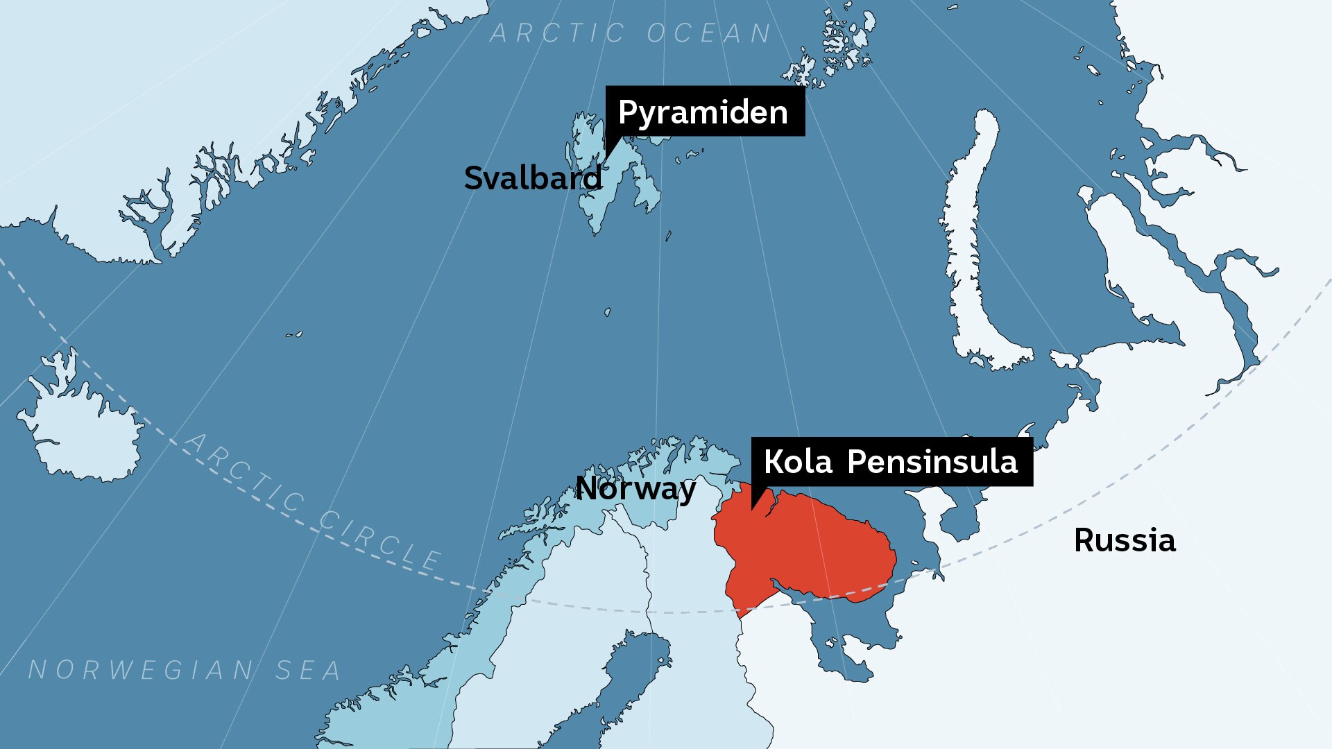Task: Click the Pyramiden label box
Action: [x=705, y=111]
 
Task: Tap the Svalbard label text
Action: [x=533, y=178]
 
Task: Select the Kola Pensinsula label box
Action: [x=891, y=462]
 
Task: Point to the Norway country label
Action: [x=635, y=489]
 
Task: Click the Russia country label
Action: [x=1125, y=540]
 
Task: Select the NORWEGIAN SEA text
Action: [x=185, y=670]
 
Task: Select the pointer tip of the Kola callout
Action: [x=753, y=510]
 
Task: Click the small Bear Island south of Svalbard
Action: [x=607, y=312]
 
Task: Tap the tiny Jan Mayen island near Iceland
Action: [x=295, y=334]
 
